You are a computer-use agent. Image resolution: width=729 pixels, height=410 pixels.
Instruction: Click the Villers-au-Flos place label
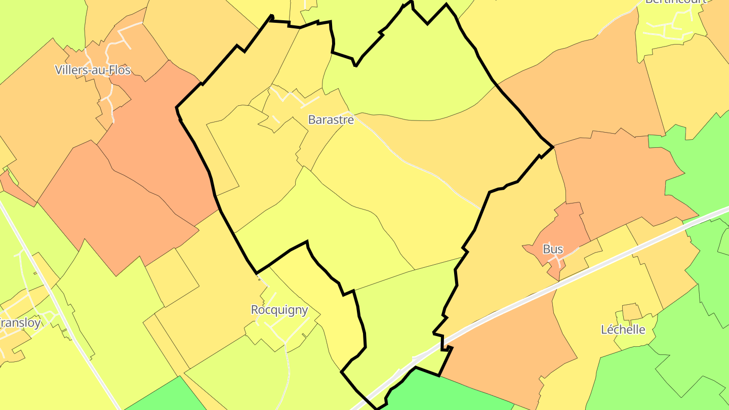pyautogui.click(x=93, y=70)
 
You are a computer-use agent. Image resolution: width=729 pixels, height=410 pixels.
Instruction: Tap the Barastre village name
pyautogui.click(x=331, y=120)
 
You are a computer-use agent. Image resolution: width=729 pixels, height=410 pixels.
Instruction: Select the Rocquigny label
pyautogui.click(x=279, y=310)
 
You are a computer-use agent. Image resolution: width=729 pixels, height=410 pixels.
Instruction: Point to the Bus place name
pyautogui.click(x=553, y=249)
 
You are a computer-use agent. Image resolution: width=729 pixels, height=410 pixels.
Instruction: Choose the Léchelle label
pyautogui.click(x=623, y=330)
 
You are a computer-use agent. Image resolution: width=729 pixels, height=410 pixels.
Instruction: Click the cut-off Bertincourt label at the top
pyautogui.click(x=675, y=2)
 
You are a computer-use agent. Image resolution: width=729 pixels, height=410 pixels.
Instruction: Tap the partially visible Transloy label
pyautogui.click(x=20, y=322)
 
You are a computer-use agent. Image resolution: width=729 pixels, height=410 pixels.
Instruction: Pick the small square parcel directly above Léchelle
pyautogui.click(x=631, y=311)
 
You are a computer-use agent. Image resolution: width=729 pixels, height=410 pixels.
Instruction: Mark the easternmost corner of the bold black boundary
pyautogui.click(x=553, y=147)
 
